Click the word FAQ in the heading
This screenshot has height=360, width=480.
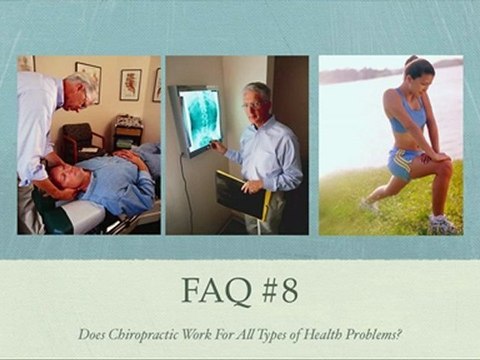pos(216,291)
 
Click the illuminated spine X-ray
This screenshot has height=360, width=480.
pos(200,119)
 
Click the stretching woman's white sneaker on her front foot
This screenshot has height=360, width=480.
pos(441,223)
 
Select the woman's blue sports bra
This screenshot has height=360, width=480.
pos(408,112)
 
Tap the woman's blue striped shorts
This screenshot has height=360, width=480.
pos(403,164)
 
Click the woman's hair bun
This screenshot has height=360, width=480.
pos(411,60)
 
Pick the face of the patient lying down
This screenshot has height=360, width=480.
pos(64,174)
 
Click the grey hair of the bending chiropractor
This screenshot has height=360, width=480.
pos(81,82)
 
